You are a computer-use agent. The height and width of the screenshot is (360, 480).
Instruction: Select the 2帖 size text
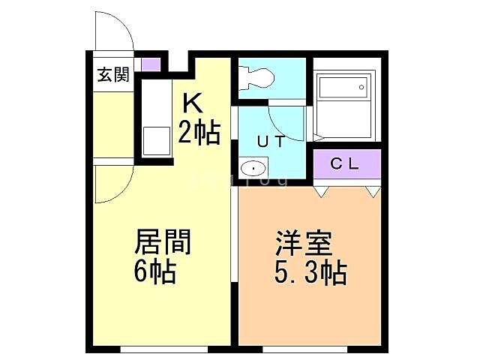point(199,133)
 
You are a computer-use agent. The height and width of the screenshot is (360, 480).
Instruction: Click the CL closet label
point(346,163)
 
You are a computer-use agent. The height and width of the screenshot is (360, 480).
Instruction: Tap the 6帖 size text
point(155,271)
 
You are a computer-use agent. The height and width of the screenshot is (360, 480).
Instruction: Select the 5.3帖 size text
point(309,274)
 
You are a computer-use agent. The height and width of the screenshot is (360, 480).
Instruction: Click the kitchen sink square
point(157,141)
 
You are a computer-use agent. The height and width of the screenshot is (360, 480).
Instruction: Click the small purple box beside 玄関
point(151,64)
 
